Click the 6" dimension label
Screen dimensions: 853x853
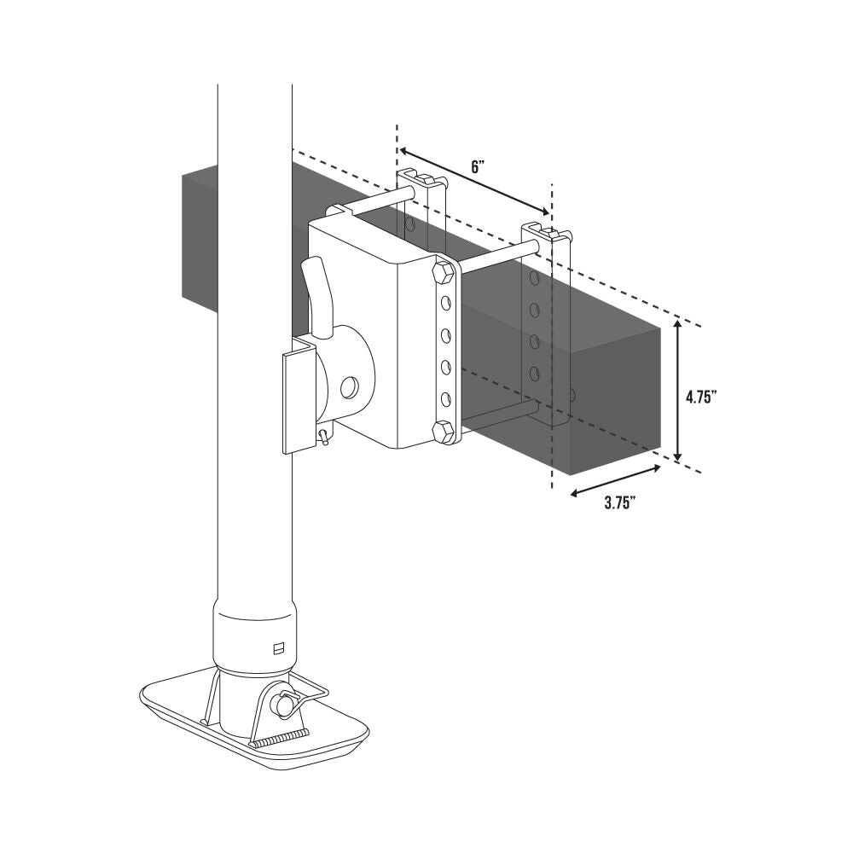479,166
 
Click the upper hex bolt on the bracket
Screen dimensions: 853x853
444,272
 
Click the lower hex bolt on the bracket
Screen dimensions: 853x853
444,432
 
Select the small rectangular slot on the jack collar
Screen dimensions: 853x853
276,649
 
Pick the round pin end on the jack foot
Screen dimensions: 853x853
280,705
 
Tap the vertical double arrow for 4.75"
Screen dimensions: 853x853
678,393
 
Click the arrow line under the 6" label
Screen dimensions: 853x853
474,182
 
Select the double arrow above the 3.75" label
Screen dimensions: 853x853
615,480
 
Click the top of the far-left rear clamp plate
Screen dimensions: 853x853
421,177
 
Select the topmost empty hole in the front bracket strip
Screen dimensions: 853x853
444,301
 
